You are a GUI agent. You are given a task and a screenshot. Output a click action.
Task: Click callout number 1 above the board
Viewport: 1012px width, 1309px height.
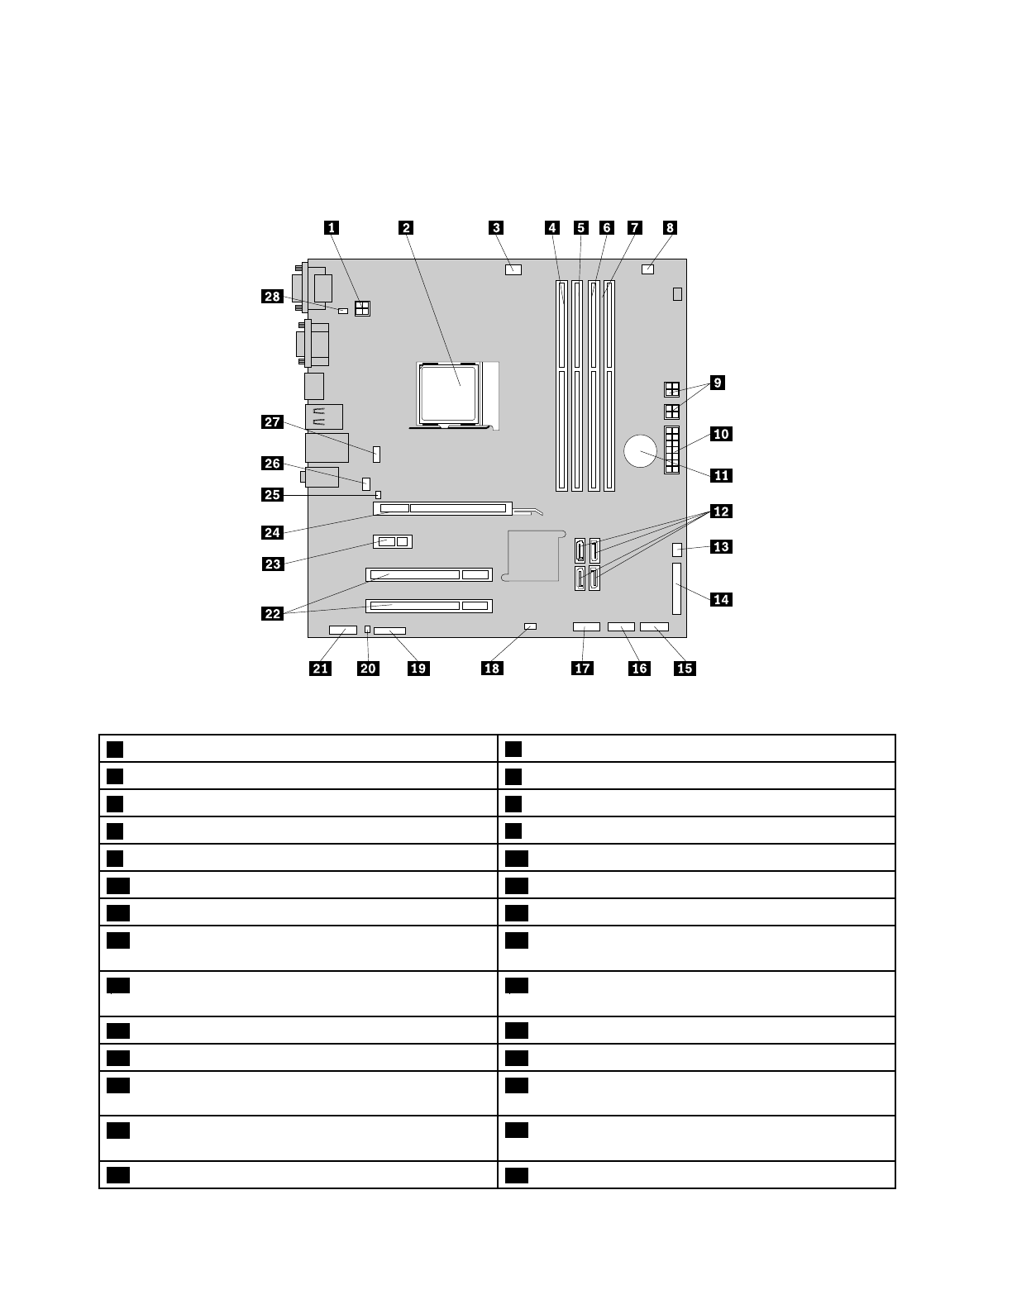332,227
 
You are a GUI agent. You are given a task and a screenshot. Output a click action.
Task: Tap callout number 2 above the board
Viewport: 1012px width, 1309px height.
405,227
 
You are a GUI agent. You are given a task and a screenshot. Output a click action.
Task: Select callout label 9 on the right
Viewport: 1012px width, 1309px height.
718,383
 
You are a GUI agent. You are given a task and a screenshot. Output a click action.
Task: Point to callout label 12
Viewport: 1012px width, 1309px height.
721,512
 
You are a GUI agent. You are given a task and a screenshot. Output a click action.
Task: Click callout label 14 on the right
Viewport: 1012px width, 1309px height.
721,599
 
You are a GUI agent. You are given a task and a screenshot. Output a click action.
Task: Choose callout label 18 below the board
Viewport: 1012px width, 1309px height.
492,668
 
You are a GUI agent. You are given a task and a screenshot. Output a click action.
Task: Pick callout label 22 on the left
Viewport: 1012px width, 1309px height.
273,613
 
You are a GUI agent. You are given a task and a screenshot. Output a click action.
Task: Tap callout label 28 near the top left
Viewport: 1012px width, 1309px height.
273,296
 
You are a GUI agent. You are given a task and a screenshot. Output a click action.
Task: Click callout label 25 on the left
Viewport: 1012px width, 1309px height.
273,495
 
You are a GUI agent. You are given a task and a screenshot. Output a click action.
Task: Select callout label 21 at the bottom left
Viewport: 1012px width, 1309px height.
320,668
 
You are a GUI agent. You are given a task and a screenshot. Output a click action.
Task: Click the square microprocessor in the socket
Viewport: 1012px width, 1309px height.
450,392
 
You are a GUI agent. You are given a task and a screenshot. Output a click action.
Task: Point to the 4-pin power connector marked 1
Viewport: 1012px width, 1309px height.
362,309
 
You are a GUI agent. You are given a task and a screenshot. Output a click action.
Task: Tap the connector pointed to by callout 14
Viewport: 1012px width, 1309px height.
677,588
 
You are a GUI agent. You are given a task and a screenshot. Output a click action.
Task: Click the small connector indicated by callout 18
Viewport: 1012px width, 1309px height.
531,627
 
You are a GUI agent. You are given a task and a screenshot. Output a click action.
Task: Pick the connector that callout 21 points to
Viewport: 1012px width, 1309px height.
338,631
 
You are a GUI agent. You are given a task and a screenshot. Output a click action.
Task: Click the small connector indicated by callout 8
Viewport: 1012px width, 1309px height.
648,269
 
